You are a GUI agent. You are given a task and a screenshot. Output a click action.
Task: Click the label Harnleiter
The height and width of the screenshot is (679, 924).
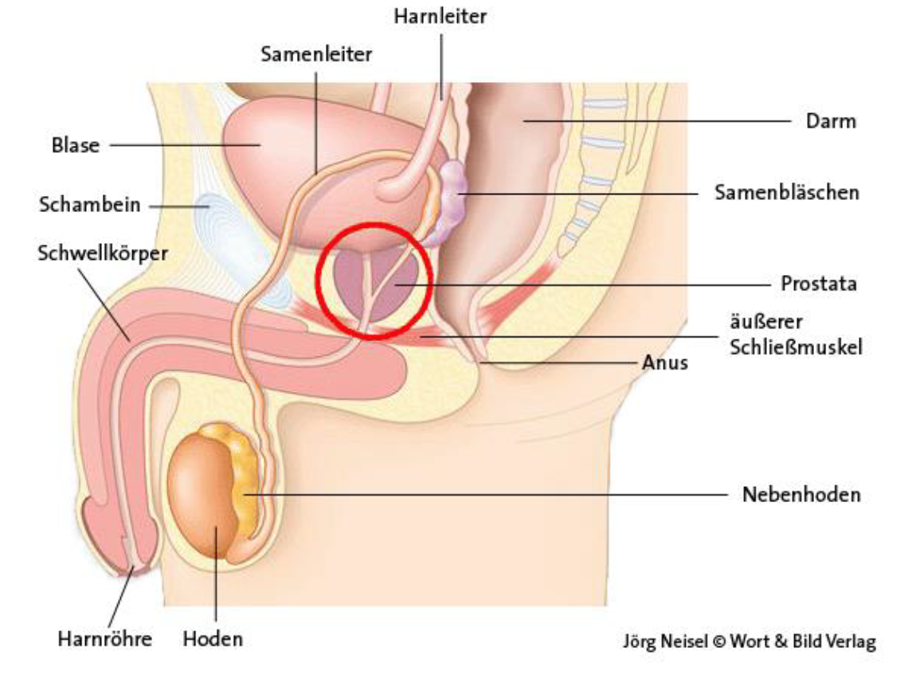(440, 17)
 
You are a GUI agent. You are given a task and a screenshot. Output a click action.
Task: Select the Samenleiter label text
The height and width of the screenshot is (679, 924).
(316, 54)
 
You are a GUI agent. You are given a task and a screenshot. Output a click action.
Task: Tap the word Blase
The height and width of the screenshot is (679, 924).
(76, 146)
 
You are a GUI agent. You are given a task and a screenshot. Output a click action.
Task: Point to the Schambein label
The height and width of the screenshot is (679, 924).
(90, 205)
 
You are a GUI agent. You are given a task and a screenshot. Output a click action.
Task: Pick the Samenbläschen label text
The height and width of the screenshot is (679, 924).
(787, 193)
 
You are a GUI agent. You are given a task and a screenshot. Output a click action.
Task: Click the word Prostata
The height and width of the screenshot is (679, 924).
(819, 284)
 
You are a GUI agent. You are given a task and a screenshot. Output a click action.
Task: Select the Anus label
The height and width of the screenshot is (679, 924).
(665, 363)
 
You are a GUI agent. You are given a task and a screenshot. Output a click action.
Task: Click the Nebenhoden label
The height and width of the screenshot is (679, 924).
(801, 495)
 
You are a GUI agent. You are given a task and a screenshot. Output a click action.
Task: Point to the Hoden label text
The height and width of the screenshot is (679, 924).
(213, 638)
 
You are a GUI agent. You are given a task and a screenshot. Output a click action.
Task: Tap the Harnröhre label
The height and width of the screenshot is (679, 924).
(104, 638)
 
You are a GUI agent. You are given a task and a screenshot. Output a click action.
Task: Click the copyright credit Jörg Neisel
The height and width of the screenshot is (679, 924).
(668, 642)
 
